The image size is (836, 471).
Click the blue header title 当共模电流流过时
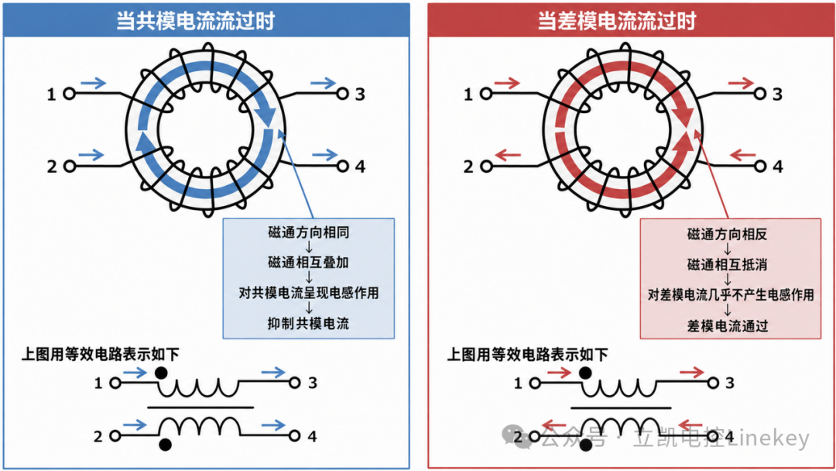(195, 21)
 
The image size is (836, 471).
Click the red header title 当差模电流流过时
(616, 21)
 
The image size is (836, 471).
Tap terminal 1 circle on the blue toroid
(69, 94)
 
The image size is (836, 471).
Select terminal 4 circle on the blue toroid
(342, 167)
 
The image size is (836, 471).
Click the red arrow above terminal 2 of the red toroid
(508, 155)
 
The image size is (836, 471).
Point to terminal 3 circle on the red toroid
(760, 94)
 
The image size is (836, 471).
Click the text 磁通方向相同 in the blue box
(309, 232)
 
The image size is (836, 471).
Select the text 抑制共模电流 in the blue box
(309, 323)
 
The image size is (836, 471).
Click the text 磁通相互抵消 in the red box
(727, 265)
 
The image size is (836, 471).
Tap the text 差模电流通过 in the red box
(727, 326)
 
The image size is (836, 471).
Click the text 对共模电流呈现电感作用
(309, 293)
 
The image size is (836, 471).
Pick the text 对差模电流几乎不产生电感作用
(731, 295)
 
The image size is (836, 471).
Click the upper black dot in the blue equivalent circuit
(160, 373)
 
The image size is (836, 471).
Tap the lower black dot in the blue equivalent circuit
(166, 445)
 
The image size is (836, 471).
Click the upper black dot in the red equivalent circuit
(585, 373)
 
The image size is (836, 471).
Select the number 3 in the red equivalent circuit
(730, 383)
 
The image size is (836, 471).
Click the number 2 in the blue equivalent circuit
(98, 436)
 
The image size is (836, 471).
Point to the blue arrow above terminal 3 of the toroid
(323, 83)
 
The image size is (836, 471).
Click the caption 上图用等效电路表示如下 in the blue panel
(100, 354)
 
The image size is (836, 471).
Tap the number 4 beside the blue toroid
(361, 167)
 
